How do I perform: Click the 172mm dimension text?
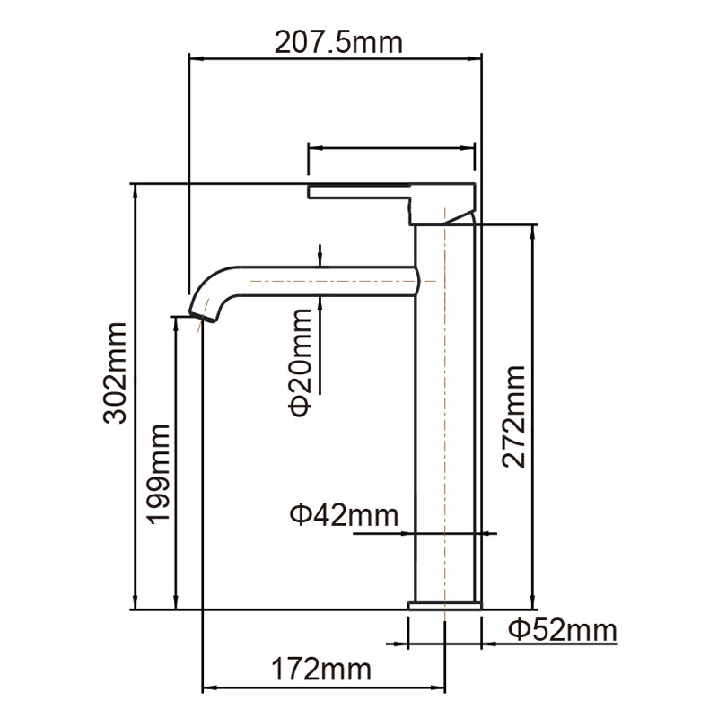(321, 669)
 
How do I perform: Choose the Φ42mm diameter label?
(343, 515)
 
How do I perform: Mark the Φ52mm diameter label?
(563, 630)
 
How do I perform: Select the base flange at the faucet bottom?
(445, 607)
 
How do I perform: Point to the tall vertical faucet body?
(446, 413)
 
